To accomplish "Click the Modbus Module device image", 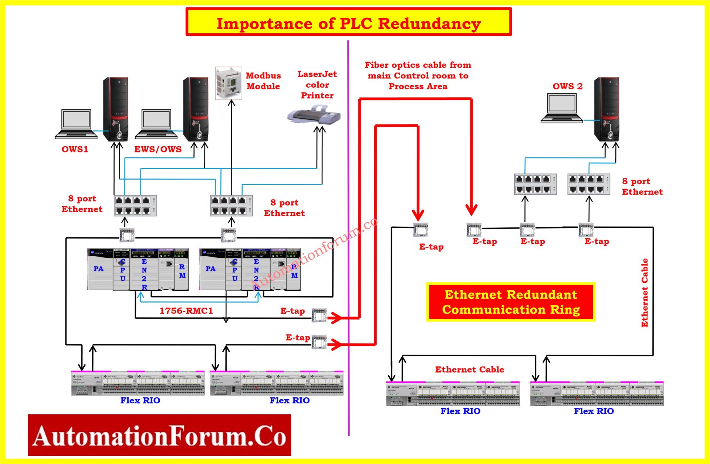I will click(229, 83).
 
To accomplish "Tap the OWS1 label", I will click(75, 149).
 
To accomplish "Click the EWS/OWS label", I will click(158, 149).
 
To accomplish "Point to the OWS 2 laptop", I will click(562, 108).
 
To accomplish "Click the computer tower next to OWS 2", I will click(606, 109).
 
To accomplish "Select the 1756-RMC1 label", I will click(186, 311).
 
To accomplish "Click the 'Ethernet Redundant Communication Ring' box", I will click(510, 302).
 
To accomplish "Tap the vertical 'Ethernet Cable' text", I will click(644, 293).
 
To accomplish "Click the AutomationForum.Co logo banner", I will click(159, 435).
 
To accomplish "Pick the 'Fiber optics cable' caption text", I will click(418, 76).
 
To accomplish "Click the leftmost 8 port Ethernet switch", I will click(135, 206).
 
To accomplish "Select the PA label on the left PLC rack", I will click(98, 269).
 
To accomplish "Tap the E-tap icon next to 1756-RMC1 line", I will click(319, 315).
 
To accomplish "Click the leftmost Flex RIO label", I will click(140, 400).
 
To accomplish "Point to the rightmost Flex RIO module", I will click(596, 394).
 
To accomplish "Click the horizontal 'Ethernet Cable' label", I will click(469, 369).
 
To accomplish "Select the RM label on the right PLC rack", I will click(294, 271).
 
